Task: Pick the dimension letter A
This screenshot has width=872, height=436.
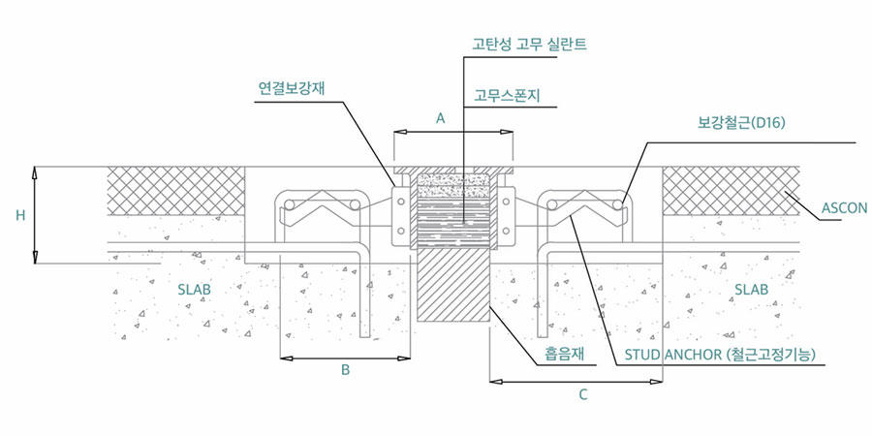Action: [x=440, y=118]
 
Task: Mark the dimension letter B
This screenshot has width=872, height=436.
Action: [x=344, y=370]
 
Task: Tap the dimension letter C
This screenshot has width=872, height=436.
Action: [x=582, y=394]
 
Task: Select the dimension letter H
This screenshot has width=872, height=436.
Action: [x=20, y=216]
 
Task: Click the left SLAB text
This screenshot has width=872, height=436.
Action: [x=194, y=290]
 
